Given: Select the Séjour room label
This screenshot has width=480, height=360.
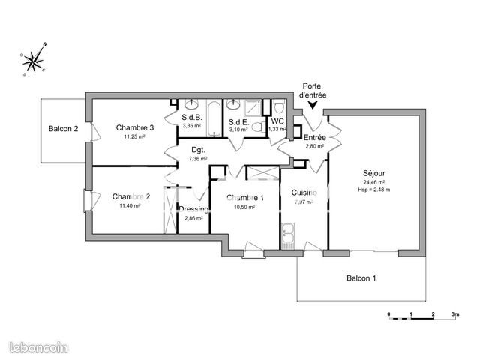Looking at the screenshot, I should coord(373,172).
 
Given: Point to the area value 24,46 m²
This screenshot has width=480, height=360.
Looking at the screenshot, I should coord(373,182).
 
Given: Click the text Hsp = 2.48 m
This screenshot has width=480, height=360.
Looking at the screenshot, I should coord(373,190).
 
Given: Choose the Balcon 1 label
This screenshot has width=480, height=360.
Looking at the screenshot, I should coord(361,278).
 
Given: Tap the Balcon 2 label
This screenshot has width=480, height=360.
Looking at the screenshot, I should coord(64,128).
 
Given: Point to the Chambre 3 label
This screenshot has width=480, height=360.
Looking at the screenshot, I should coord(135,127).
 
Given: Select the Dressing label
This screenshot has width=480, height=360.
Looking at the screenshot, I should coord(193,209).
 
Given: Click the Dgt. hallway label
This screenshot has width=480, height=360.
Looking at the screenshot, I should coord(198,149).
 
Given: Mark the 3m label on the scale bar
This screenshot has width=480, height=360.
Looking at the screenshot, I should coord(454,313).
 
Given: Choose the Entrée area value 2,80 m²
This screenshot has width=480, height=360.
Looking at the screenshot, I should coord(314,147).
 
